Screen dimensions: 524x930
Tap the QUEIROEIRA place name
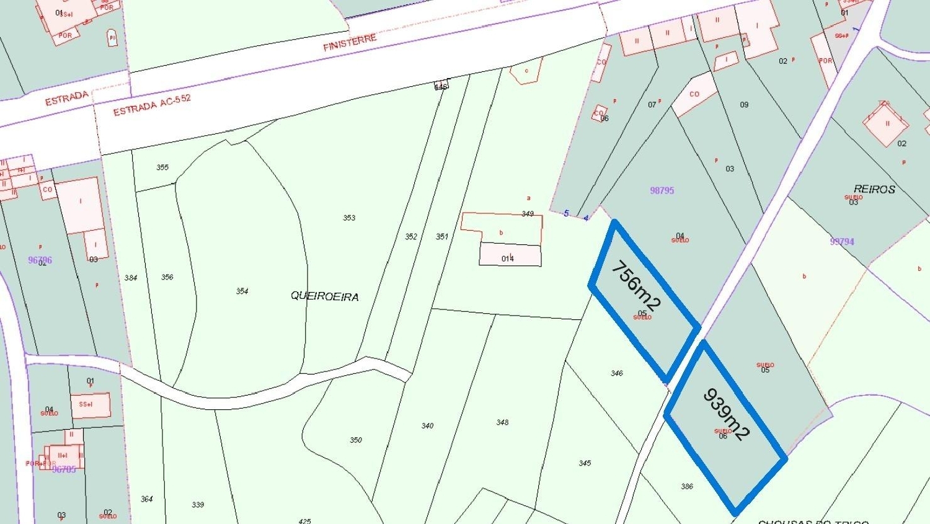coord(324,296)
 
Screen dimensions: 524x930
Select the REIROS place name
coord(874,189)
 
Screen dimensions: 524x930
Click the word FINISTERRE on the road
coord(350,43)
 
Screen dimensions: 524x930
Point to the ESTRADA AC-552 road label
coord(152,105)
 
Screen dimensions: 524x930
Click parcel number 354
coord(242,291)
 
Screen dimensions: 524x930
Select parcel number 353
coord(349,218)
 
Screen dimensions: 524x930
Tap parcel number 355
coord(162,167)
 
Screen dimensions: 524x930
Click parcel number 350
coord(355,440)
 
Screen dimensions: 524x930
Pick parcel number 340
coord(427,425)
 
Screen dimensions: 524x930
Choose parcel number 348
coord(502,422)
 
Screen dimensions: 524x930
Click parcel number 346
coord(616,373)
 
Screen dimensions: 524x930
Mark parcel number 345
coord(585,463)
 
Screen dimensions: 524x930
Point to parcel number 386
coord(687,486)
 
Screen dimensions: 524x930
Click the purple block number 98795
coord(662,190)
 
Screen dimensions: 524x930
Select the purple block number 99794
coord(842,241)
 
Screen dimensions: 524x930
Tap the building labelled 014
coord(508,258)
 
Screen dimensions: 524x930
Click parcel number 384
coord(130,278)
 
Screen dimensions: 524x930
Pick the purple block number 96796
coord(40,260)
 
